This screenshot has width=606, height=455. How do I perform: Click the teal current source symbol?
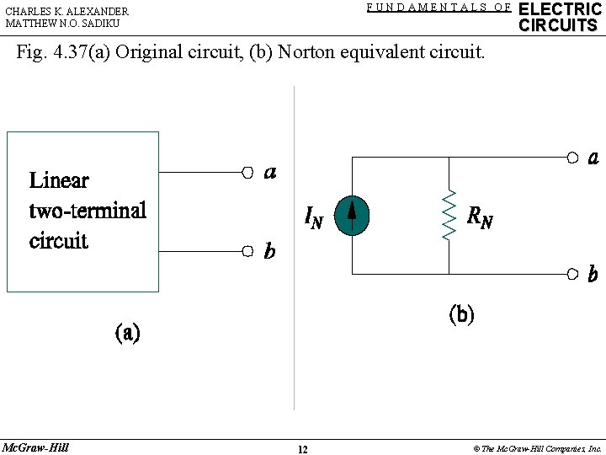352,216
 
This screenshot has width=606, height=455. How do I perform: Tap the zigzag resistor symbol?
449,216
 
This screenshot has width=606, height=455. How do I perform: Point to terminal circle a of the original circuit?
247,172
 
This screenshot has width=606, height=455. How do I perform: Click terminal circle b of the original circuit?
247,251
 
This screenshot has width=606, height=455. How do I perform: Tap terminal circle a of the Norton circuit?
571,157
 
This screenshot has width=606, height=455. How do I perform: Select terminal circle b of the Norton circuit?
571,274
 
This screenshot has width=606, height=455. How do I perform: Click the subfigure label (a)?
127,333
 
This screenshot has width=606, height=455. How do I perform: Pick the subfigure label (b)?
461,315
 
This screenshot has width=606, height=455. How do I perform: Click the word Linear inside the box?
59,180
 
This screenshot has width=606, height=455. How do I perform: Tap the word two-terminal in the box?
88,210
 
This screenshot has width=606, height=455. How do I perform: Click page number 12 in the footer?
302,449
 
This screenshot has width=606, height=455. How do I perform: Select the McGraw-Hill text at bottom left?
35,447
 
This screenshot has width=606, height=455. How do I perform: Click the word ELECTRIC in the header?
560,9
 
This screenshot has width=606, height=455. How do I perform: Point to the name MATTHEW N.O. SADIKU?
62,24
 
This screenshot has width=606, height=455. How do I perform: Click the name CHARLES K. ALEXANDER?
67,12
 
